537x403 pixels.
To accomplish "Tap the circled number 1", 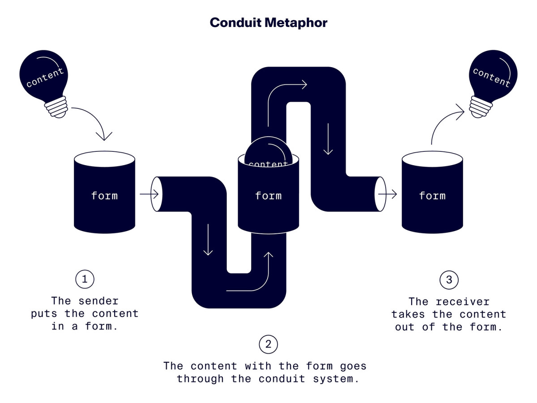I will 85,279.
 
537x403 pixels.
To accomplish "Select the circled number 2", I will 268,344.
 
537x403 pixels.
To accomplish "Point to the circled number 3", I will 449,280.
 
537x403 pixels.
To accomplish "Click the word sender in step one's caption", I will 97,301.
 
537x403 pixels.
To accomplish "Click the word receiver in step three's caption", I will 463,302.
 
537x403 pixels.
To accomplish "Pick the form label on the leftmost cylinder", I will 104,196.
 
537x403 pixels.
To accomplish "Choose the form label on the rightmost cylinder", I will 432,196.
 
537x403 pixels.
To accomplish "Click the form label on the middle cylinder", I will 268,196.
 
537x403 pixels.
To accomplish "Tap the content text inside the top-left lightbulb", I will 45,77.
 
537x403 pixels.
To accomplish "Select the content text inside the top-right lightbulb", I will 491,77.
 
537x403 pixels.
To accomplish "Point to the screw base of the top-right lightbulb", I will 480,107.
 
